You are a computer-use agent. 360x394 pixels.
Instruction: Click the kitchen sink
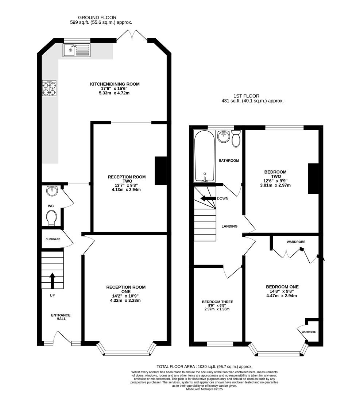coord(77,50)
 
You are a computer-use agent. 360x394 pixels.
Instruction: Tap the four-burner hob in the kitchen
coord(49,88)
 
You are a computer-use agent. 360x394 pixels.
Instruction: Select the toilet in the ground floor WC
coord(52,218)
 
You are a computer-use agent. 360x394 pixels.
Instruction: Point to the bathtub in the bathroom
coord(205,156)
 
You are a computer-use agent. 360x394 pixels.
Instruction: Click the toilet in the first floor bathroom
coord(236,139)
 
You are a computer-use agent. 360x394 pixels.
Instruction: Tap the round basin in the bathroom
coord(223,136)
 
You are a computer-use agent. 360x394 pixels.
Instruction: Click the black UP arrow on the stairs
coord(52,281)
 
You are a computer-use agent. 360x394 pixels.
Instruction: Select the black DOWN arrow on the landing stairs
coord(208,198)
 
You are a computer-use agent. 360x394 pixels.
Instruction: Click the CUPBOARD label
coord(53,239)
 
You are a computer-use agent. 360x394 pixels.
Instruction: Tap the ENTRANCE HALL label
coord(61,317)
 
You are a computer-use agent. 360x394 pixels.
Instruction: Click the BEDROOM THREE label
coord(217,302)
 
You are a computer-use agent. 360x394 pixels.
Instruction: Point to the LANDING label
coord(229,226)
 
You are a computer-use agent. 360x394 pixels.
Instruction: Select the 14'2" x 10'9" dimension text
coord(126,296)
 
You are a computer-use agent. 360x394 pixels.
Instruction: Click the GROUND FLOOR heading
coord(97,18)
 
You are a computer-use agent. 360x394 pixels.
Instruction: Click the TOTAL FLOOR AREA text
coord(205,367)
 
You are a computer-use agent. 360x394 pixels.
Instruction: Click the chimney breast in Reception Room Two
coord(161,171)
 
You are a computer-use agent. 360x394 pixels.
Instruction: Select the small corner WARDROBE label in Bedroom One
coord(309,332)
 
